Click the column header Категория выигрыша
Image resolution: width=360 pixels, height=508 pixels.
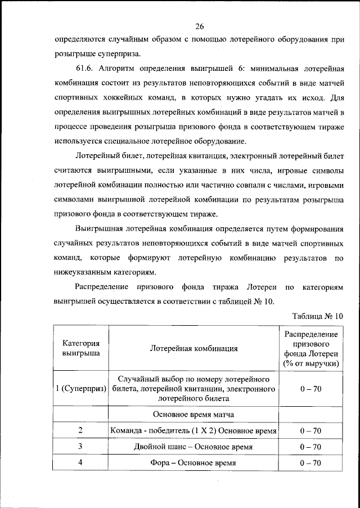pos(81,348)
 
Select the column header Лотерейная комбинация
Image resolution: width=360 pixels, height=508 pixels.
pos(193,348)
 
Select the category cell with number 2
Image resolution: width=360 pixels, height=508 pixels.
pos(81,430)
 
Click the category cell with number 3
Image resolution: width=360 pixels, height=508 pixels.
pos(81,447)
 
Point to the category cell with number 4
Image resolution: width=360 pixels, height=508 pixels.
pos(81,462)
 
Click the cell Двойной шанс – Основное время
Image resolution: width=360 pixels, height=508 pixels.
pos(193,447)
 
